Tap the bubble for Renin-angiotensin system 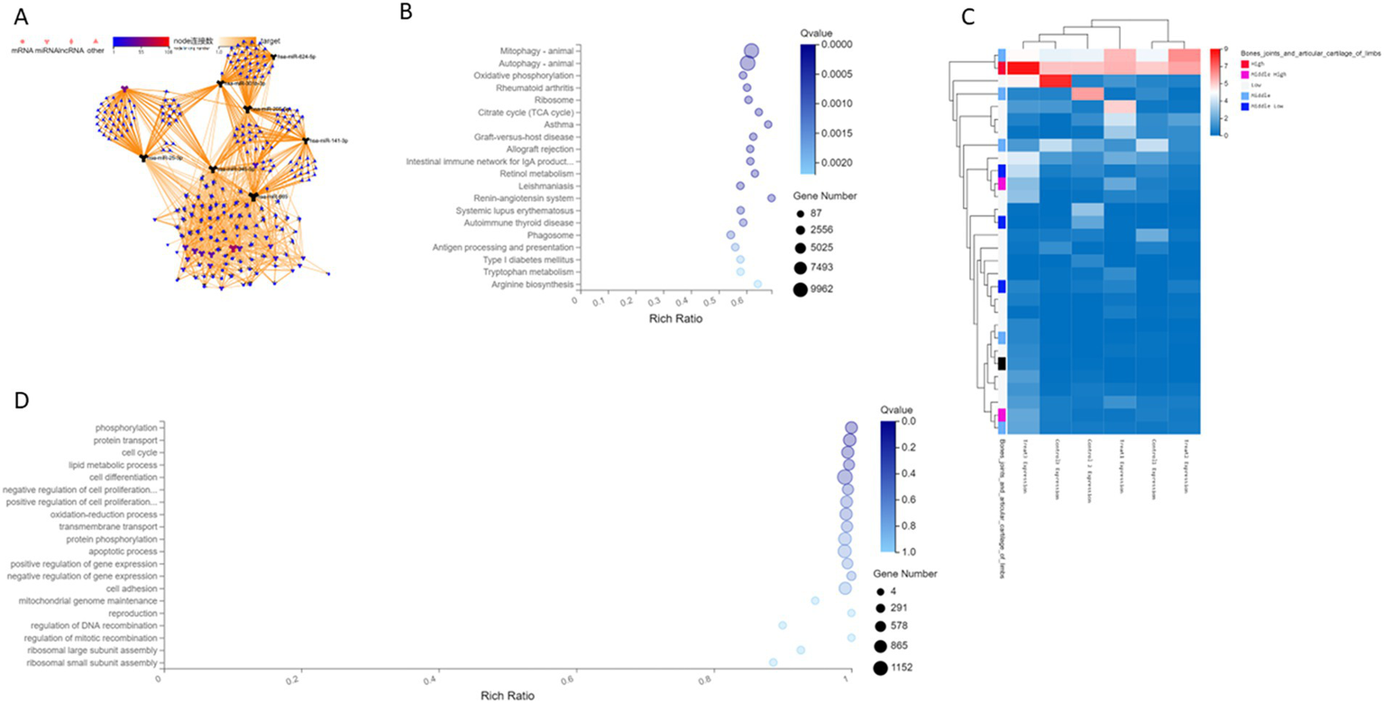point(771,197)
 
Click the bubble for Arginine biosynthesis point(757,284)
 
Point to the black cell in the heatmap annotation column point(1002,362)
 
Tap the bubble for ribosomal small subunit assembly point(773,662)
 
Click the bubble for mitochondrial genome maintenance point(814,600)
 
